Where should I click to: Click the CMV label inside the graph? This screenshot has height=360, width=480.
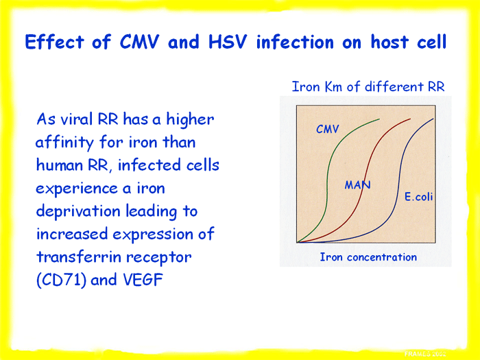[328, 129]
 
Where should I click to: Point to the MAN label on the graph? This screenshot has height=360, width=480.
[357, 185]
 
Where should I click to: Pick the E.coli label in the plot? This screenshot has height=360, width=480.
[418, 197]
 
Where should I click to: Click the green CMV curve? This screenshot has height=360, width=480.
[326, 184]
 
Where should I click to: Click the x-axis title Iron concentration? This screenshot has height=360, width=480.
[368, 257]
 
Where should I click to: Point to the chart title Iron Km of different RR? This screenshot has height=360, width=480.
[368, 86]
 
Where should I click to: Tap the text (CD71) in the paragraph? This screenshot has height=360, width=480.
[61, 280]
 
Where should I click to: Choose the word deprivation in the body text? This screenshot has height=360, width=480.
[78, 212]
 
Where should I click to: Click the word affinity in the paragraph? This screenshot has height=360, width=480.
[64, 143]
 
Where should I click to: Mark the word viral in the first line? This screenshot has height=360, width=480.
[77, 119]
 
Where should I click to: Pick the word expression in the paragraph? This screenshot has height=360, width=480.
[153, 235]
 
